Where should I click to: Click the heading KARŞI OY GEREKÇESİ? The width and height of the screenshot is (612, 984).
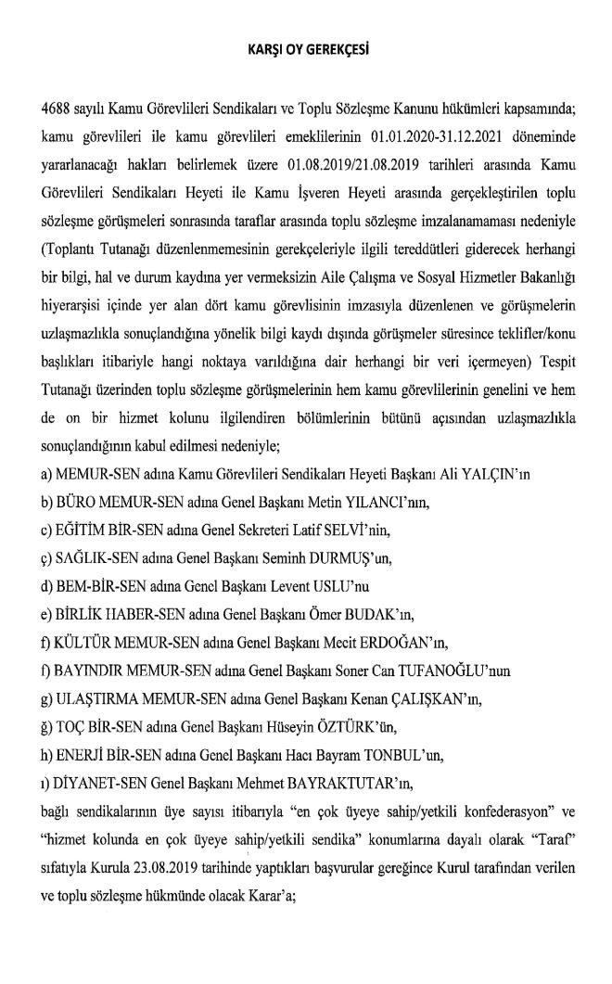pos(305,45)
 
